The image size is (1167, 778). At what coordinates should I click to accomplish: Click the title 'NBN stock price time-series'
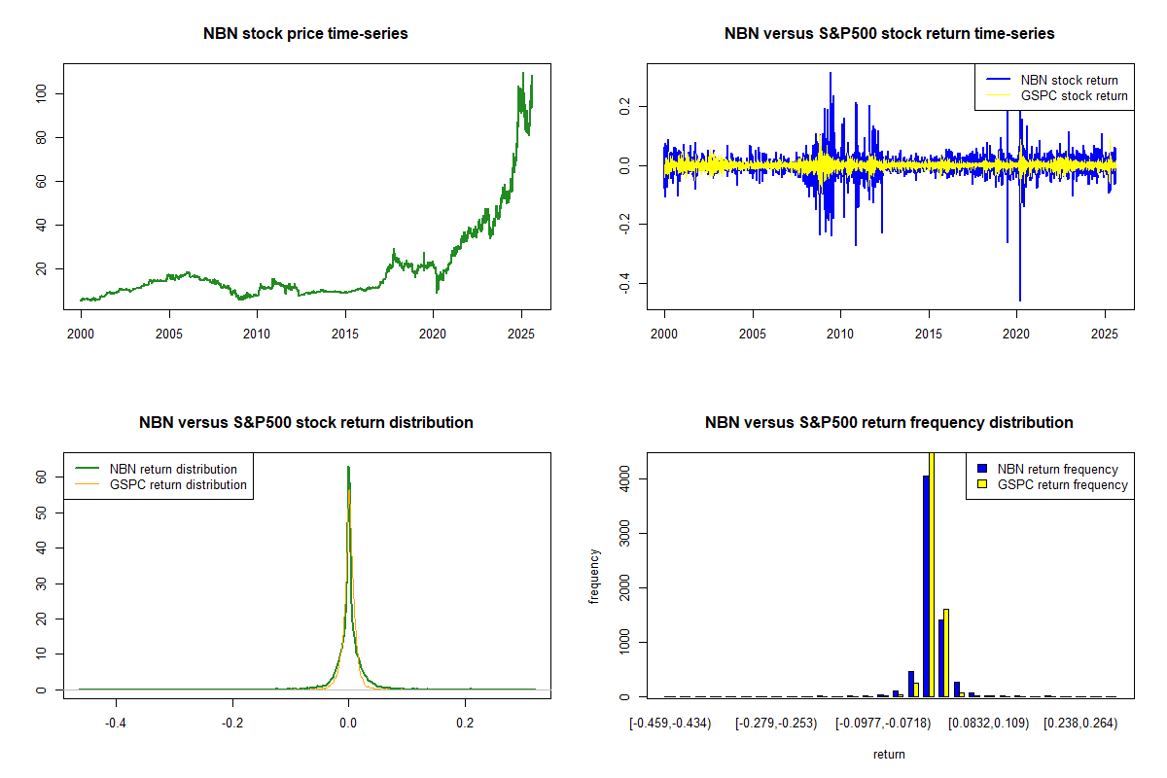click(x=305, y=34)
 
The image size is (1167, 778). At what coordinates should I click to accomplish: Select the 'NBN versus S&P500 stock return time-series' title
click(x=889, y=34)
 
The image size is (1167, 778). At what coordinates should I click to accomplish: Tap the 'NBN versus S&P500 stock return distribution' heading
click(x=305, y=423)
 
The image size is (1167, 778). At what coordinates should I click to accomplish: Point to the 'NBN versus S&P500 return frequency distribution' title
click(x=889, y=423)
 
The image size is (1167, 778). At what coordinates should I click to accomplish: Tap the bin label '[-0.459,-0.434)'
click(x=671, y=725)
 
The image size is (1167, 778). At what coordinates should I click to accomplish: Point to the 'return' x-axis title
click(x=889, y=754)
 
